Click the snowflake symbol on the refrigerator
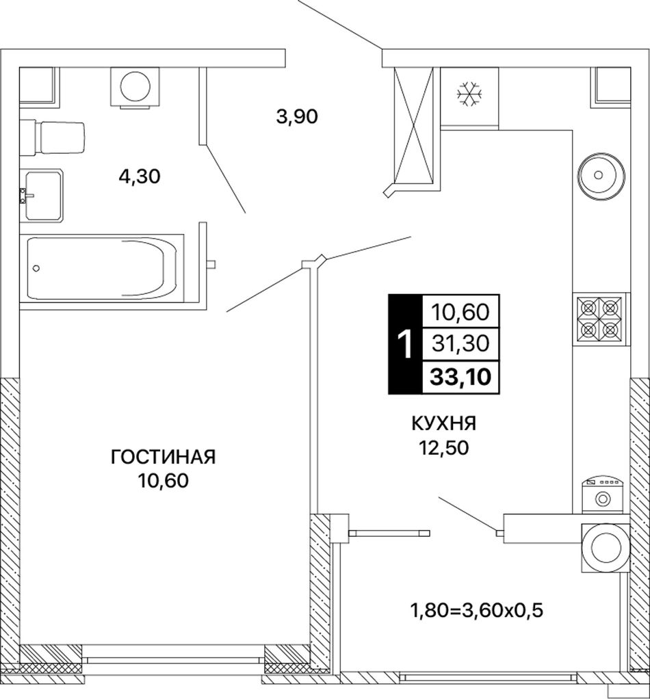(x=469, y=94)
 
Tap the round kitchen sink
(x=601, y=175)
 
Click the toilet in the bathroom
(x=52, y=138)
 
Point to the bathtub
(x=102, y=268)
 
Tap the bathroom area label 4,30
(x=140, y=177)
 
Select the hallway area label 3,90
(x=297, y=117)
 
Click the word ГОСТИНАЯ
(x=163, y=458)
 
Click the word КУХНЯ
(x=444, y=423)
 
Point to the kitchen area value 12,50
(x=443, y=447)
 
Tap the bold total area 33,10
(x=460, y=377)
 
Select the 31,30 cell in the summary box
(x=460, y=344)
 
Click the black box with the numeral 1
(x=405, y=344)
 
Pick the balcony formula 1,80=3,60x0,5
(x=476, y=611)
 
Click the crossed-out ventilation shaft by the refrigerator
(x=414, y=126)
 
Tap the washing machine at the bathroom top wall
(x=135, y=88)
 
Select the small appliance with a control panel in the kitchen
(x=602, y=495)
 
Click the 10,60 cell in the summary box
(x=460, y=312)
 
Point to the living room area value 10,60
(x=163, y=481)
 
